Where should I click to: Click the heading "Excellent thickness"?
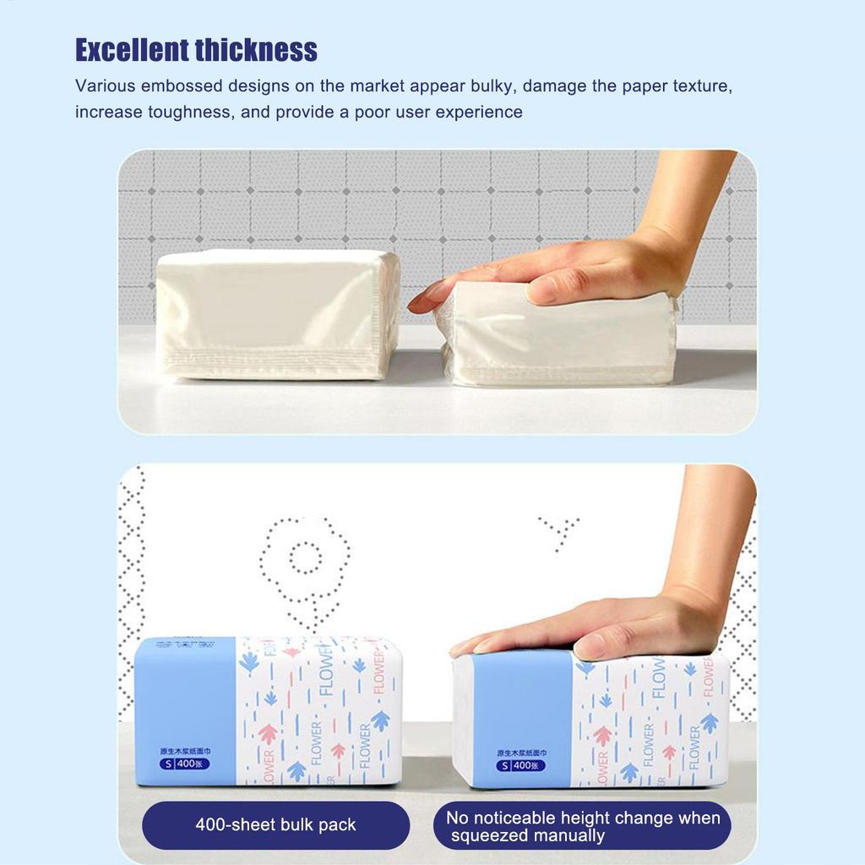[196, 50]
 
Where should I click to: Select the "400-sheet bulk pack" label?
[275, 824]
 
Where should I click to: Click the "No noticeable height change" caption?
[583, 818]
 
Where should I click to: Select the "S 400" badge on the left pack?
[185, 764]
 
